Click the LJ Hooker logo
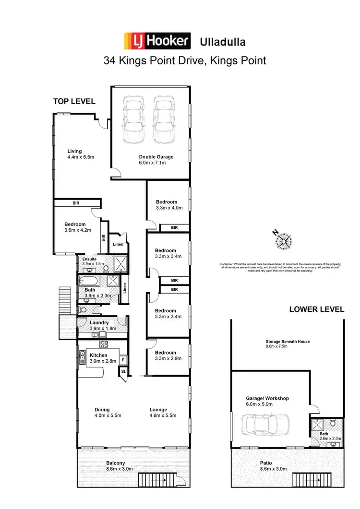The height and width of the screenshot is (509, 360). click(157, 41)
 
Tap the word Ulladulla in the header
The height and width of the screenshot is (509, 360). click(222, 42)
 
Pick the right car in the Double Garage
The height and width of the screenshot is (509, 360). click(163, 120)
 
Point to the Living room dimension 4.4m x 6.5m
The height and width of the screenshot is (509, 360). click(81, 157)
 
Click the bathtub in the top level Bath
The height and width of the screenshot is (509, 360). click(90, 282)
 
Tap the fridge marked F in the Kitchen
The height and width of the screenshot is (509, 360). click(122, 359)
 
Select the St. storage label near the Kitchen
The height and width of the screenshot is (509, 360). click(123, 372)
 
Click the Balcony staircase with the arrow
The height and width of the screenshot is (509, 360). click(157, 479)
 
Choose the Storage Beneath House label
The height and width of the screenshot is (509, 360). click(287, 342)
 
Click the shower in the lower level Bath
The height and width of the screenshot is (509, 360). click(318, 424)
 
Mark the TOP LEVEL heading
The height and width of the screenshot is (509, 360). click(74, 101)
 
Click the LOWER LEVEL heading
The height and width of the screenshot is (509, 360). click(316, 309)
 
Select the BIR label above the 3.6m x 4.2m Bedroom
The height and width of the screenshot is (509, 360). click(76, 203)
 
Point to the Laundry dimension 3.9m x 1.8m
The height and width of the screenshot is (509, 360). click(103, 329)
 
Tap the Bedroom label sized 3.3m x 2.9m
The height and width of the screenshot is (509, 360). click(166, 352)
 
